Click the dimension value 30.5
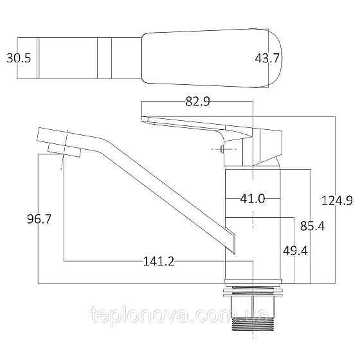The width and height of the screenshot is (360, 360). point(19,58)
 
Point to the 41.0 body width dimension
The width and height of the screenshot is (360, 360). point(253,199)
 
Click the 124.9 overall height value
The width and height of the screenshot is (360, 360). point(340,201)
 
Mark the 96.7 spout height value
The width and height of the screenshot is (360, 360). point(39,219)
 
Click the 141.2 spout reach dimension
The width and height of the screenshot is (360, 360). point(159,261)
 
